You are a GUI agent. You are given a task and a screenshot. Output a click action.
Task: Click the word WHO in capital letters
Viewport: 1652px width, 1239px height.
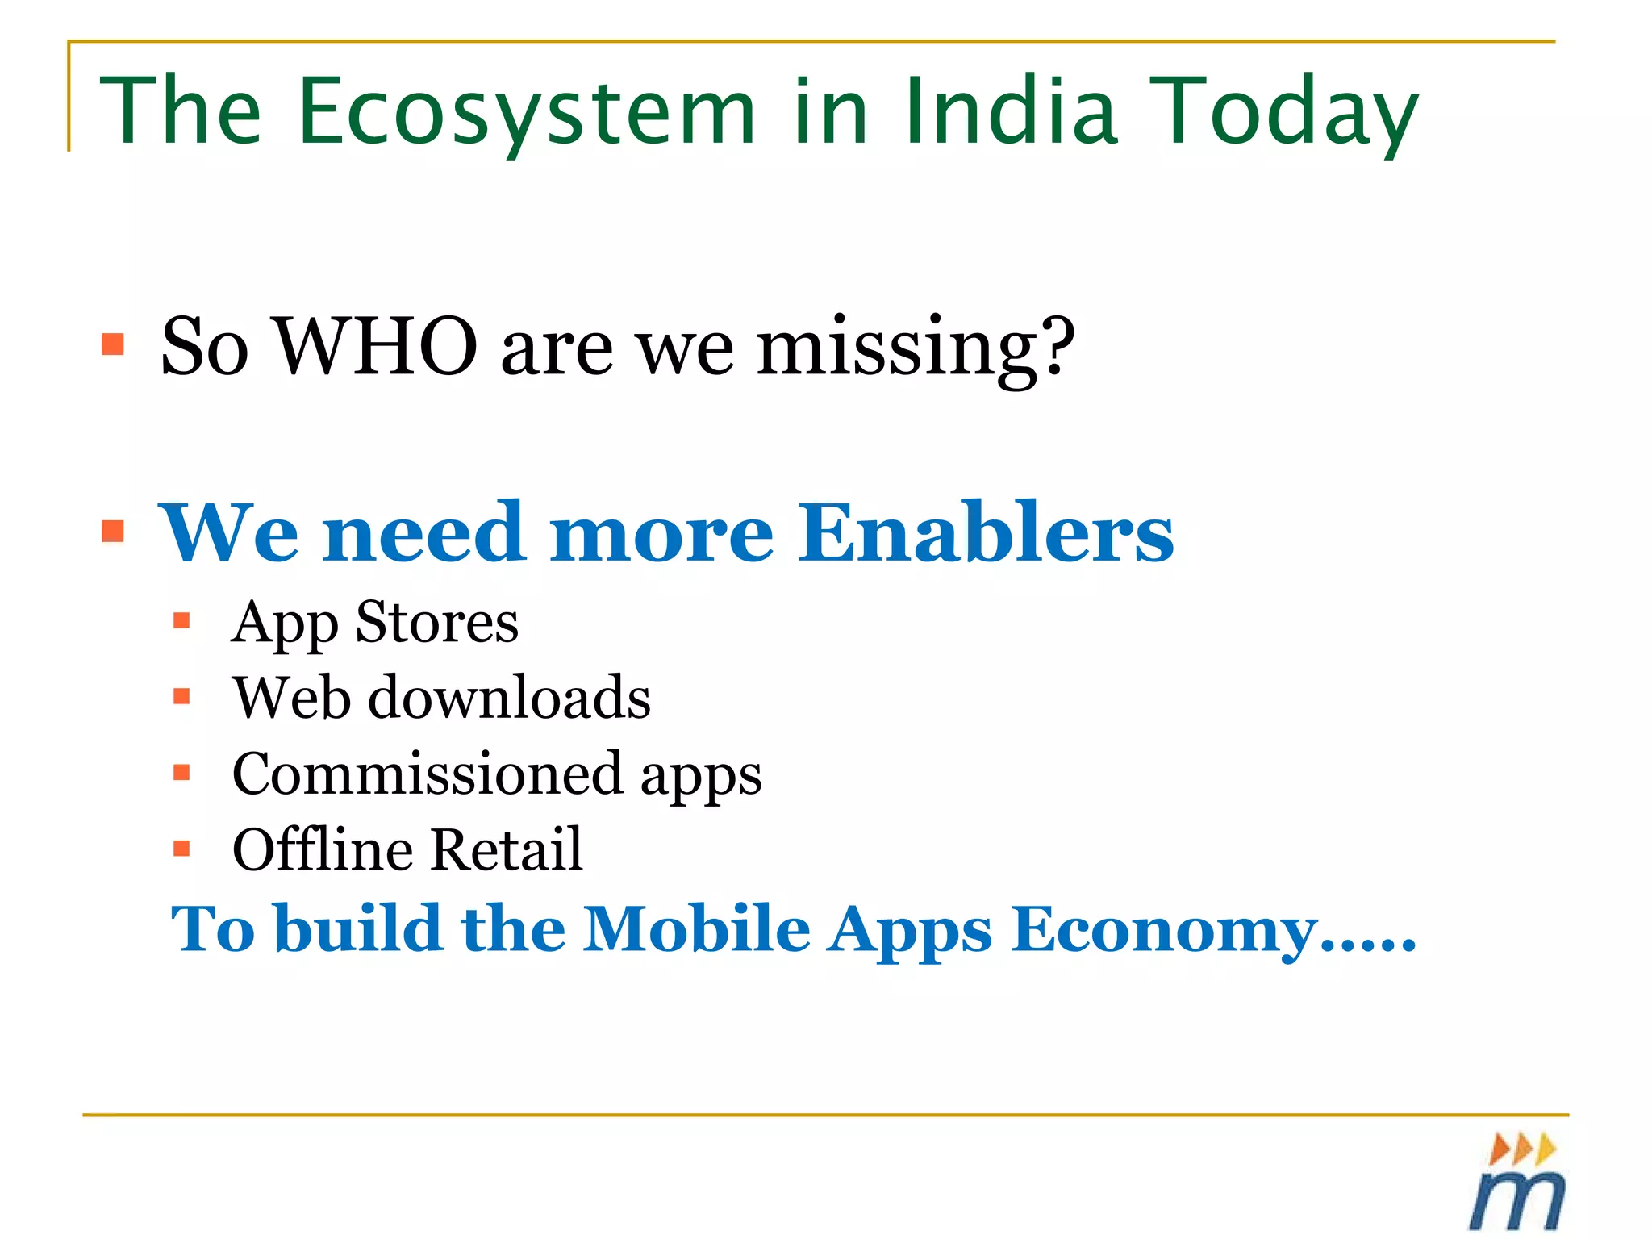pos(377,347)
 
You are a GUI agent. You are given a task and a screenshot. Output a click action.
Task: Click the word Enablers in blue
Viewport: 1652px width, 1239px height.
pos(986,532)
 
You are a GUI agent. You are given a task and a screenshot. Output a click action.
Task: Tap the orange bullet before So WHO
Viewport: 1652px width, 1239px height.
pos(113,344)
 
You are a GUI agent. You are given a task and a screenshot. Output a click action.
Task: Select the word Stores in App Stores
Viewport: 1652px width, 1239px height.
pos(436,623)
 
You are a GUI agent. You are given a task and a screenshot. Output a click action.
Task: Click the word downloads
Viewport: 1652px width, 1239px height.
pos(509,698)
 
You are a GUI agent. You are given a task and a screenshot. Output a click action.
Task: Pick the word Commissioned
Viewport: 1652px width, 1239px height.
pos(428,774)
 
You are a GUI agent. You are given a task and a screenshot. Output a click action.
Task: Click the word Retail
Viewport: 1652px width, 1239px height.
pos(506,849)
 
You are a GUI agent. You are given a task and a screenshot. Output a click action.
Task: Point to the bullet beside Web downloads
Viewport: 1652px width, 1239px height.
pos(181,696)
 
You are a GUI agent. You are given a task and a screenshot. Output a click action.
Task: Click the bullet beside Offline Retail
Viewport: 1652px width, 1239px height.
pos(181,849)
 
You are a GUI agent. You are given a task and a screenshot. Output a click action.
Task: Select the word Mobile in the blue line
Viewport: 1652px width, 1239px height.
pos(696,929)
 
